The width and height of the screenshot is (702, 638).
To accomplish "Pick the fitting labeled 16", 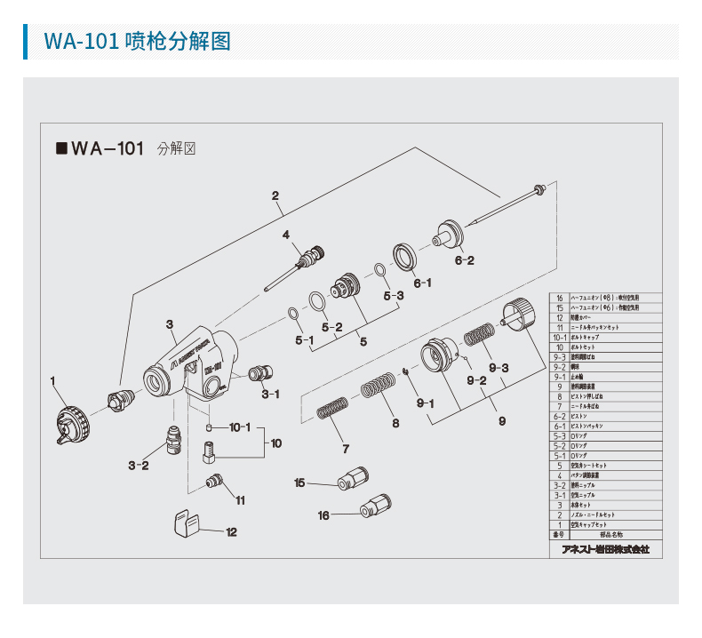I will click(x=371, y=510).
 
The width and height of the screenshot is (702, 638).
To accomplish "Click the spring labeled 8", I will click(x=377, y=387).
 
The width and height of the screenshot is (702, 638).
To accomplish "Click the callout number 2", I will click(x=275, y=195).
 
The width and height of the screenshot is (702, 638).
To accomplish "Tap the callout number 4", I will click(x=286, y=235).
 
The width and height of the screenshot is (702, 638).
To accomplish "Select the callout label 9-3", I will click(x=498, y=369).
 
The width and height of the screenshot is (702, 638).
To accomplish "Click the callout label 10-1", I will click(x=241, y=427).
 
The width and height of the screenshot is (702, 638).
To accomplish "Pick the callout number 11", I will click(x=240, y=500).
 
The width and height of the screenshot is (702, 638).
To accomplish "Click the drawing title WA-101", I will click(x=107, y=149).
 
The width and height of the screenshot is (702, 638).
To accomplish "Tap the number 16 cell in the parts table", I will click(x=559, y=299).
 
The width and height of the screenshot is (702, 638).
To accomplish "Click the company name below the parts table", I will click(x=605, y=549).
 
